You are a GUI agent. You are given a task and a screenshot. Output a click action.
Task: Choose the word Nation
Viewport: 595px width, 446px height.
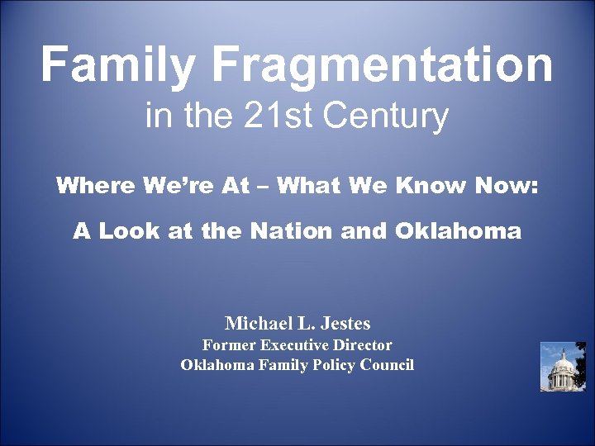pyautogui.click(x=292, y=231)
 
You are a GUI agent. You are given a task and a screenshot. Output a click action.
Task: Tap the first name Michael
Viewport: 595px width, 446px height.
pyautogui.click(x=257, y=322)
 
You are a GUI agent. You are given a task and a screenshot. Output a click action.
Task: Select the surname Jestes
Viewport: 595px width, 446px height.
pyautogui.click(x=344, y=322)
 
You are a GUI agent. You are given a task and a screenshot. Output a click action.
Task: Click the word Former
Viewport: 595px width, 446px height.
pyautogui.click(x=230, y=345)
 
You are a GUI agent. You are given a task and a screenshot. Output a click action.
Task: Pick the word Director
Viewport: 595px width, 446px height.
pyautogui.click(x=364, y=345)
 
